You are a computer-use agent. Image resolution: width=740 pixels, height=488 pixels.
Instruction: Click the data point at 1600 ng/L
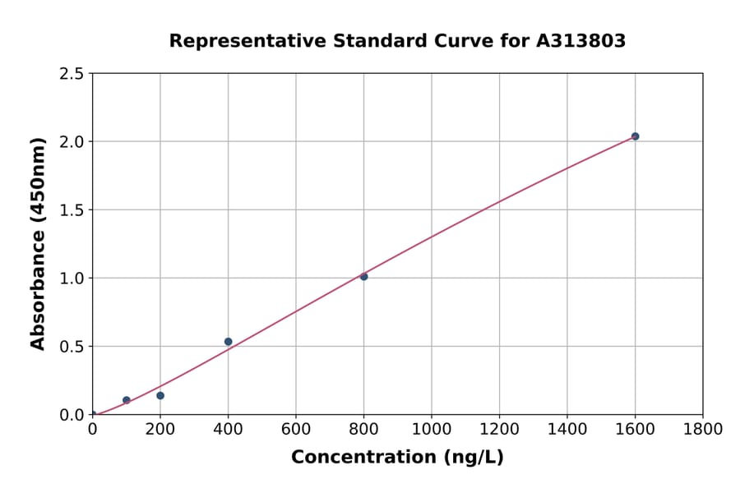(635, 136)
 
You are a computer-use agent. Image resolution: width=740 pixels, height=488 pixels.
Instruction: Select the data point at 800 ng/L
(363, 277)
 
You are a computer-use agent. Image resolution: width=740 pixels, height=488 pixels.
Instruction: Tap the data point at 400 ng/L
(228, 342)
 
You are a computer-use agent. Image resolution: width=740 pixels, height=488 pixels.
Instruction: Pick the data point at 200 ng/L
(160, 396)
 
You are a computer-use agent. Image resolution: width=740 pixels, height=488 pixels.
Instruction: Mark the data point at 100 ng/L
(126, 400)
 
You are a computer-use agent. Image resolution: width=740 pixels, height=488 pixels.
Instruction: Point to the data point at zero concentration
(92, 415)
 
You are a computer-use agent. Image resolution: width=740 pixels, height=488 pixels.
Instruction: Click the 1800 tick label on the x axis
(703, 430)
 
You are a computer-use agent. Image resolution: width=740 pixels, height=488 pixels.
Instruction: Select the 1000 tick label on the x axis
(432, 430)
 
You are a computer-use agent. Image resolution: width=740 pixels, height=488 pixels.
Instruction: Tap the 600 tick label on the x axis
(296, 430)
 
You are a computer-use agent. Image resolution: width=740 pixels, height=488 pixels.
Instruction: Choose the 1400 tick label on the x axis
(567, 430)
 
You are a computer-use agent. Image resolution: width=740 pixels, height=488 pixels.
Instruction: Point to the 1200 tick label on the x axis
(499, 430)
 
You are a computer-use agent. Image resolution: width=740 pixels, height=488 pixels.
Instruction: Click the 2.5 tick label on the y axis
(72, 74)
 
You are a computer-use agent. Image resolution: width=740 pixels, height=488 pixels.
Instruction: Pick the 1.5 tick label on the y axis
(72, 210)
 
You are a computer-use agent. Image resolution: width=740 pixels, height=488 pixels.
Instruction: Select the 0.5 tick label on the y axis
(72, 347)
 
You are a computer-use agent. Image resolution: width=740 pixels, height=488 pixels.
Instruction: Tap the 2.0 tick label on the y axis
(72, 142)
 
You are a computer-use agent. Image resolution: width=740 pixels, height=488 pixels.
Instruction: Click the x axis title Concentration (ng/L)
(397, 458)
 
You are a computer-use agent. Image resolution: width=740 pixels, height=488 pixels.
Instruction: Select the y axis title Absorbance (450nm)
(38, 244)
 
